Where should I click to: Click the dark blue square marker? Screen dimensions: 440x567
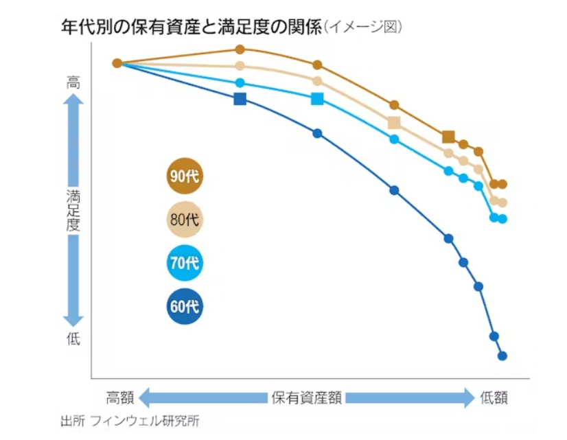(240, 99)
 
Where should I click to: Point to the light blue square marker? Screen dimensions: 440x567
(317, 99)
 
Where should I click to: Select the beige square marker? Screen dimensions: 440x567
(394, 123)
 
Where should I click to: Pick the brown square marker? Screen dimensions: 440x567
(448, 137)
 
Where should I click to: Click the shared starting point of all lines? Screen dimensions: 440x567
(117, 63)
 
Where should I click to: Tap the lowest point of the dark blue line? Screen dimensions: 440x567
(502, 356)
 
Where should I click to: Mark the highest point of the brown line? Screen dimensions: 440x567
(240, 49)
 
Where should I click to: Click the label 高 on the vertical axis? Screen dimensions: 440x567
(73, 82)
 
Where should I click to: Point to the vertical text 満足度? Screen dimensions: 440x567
(73, 210)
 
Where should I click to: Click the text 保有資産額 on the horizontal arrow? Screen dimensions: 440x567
(306, 397)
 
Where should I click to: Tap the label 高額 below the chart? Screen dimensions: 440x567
(119, 397)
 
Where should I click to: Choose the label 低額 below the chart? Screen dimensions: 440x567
(494, 397)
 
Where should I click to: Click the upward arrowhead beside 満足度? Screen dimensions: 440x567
(73, 101)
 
